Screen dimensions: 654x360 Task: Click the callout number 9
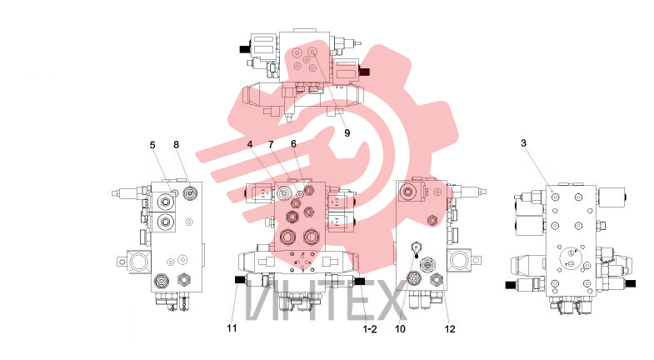click(x=347, y=133)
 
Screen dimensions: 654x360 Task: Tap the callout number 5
click(x=152, y=145)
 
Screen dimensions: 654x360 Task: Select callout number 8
click(x=176, y=144)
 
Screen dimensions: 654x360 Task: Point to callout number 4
click(x=250, y=144)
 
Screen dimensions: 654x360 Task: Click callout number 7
click(x=271, y=144)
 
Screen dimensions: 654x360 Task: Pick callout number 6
click(x=293, y=144)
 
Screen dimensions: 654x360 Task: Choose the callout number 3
click(x=524, y=143)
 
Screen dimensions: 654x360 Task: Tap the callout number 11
click(x=232, y=328)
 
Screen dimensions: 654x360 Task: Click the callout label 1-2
click(x=370, y=329)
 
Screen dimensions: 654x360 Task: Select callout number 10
click(x=400, y=329)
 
